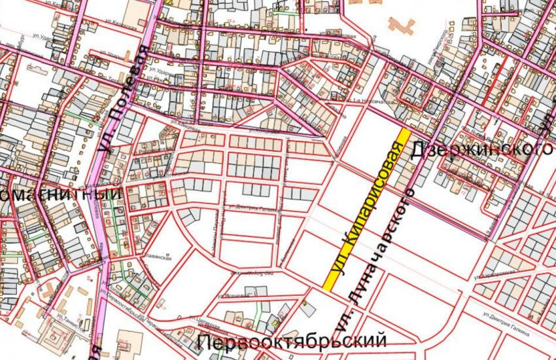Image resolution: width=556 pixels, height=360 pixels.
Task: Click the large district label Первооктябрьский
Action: click(x=291, y=341)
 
